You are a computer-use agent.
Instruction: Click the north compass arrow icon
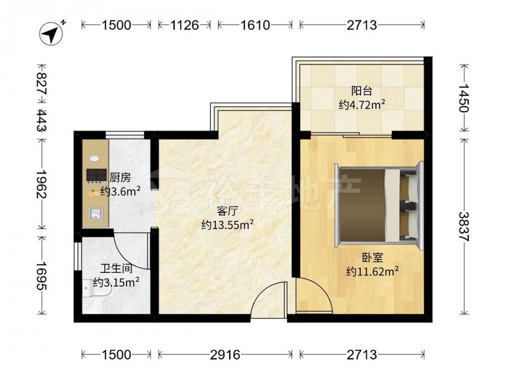tap(51, 33)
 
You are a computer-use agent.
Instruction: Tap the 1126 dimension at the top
tap(184, 25)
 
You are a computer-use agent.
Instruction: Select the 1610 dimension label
tap(255, 25)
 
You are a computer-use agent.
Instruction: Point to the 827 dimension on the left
tap(42, 83)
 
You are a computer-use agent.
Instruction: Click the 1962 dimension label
tap(42, 184)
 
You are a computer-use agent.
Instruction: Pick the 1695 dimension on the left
tap(42, 275)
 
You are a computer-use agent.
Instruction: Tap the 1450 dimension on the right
tap(463, 98)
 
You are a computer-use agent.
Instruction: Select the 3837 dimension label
tap(463, 226)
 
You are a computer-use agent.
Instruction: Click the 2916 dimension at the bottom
tap(225, 355)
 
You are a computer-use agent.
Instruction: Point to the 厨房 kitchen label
tap(120, 177)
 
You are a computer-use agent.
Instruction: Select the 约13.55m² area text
tap(227, 225)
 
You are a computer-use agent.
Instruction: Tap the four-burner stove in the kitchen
tap(97, 175)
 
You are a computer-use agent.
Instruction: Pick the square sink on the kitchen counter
tap(96, 213)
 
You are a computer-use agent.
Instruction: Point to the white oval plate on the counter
tap(94, 159)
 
